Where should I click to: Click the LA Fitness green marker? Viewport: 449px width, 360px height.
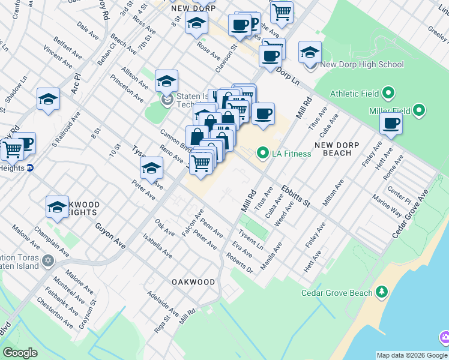pyautogui.click(x=262, y=154)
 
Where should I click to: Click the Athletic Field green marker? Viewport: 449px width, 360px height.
pyautogui.click(x=388, y=93)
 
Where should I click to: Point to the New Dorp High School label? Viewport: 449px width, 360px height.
pyautogui.click(x=362, y=64)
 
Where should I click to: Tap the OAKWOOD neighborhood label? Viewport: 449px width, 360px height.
pyautogui.click(x=193, y=281)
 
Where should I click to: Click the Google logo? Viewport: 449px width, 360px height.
pyautogui.click(x=20, y=352)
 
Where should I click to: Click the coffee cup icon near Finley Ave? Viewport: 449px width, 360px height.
pyautogui.click(x=391, y=124)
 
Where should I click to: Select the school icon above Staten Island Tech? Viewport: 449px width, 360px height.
pyautogui.click(x=166, y=81)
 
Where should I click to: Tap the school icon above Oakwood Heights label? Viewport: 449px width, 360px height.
pyautogui.click(x=57, y=207)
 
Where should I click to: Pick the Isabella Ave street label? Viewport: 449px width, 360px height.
pyautogui.click(x=158, y=247)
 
